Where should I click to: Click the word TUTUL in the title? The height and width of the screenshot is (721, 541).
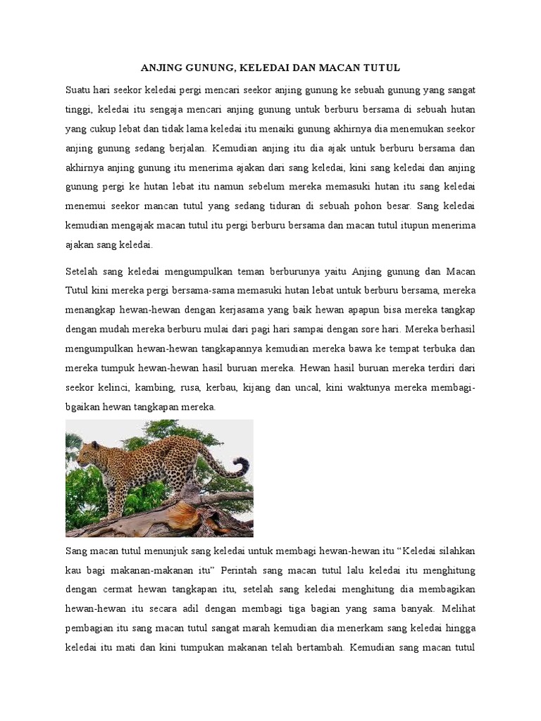(x=381, y=68)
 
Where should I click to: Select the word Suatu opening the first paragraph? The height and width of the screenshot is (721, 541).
(x=78, y=90)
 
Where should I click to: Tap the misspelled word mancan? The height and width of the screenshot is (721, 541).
(x=165, y=207)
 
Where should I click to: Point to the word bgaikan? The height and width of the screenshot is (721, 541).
(x=82, y=406)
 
